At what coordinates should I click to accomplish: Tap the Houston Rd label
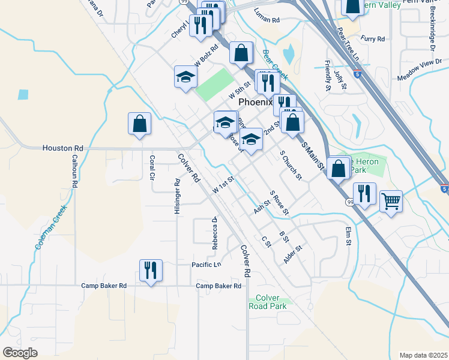click(62, 148)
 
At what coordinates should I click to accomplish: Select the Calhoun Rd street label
click(75, 172)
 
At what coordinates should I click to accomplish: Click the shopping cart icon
click(391, 202)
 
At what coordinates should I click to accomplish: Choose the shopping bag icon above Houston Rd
click(139, 124)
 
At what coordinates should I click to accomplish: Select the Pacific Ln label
click(206, 265)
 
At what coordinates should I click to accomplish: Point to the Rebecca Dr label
click(214, 232)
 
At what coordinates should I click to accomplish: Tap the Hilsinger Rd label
click(177, 196)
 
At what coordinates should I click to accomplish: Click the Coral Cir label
click(152, 168)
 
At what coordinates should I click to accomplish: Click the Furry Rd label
click(373, 38)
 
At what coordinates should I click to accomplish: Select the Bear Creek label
click(275, 65)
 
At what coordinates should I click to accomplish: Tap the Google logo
click(20, 352)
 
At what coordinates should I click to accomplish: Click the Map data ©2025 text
click(423, 355)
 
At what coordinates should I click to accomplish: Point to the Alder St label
click(292, 254)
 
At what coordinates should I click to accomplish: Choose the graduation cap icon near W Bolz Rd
click(186, 77)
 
